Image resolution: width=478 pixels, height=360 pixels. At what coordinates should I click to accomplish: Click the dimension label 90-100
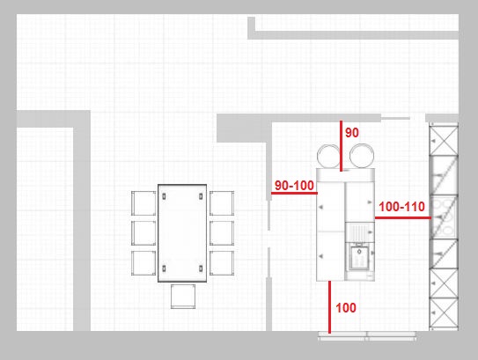coord(294,186)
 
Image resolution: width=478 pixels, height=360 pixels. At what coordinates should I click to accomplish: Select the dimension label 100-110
coord(401,207)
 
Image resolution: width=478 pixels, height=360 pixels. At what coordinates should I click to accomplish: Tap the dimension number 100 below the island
coord(346,308)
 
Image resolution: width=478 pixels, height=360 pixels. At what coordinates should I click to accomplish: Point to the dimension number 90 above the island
coord(352,133)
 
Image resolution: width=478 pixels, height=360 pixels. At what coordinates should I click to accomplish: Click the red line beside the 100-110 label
coord(403,217)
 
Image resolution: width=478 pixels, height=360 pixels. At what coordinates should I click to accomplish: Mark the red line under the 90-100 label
coord(294,193)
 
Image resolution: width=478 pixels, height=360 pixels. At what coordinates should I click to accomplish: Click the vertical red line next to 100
coord(329,307)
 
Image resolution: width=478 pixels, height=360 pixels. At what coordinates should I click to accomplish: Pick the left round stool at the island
coord(328,156)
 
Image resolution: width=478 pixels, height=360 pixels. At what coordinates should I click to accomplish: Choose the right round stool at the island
coord(362,156)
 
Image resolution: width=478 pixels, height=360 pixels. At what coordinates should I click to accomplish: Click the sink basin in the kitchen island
coord(359,258)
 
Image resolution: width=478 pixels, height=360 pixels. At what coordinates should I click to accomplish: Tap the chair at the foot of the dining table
coord(183,297)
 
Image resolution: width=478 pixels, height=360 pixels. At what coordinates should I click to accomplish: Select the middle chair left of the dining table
coord(143,233)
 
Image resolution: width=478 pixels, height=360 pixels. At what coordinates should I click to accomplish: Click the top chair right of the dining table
coord(222,203)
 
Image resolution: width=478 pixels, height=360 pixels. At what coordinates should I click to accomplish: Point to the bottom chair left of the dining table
coord(143,263)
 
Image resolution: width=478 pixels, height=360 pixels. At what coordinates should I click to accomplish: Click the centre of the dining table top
coord(182,233)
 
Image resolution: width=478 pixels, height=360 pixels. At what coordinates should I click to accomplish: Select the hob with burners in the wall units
coord(444,217)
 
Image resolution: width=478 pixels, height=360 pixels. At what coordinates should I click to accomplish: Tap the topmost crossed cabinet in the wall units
coord(444,140)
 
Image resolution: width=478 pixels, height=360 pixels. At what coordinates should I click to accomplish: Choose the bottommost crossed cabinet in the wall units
coord(444,313)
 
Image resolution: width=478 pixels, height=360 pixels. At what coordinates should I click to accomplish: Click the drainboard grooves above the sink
coord(359,232)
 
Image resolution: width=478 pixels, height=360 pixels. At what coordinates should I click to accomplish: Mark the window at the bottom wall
coord(367,335)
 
